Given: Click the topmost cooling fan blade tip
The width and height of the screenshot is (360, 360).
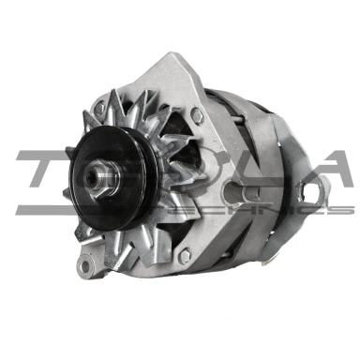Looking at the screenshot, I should (x=115, y=94).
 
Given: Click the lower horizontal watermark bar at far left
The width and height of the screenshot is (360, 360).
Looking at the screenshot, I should (x=37, y=210).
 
